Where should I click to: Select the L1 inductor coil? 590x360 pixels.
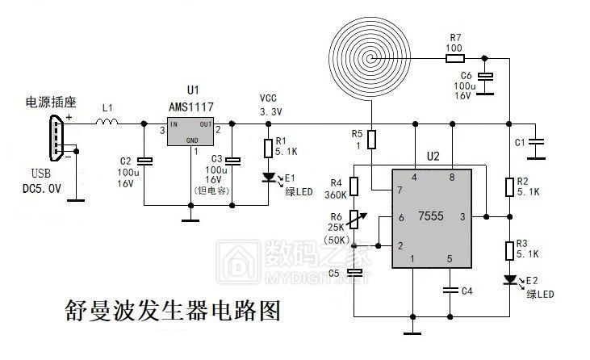click(107, 123)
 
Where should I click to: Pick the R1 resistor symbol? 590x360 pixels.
click(270, 149)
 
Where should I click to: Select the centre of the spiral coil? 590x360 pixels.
click(371, 58)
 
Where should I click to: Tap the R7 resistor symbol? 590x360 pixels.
click(454, 57)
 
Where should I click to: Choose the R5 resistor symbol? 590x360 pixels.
click(371, 139)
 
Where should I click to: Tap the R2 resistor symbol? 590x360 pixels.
click(509, 186)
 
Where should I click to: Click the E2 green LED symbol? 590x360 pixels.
click(509, 280)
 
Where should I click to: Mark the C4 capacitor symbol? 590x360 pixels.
click(451, 288)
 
